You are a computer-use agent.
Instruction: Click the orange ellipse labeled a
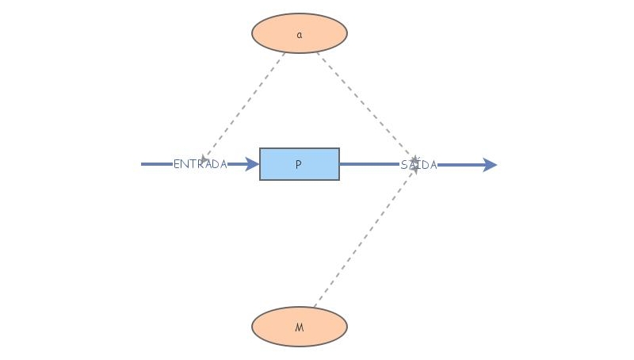point(300,33)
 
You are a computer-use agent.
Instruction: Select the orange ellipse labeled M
point(300,327)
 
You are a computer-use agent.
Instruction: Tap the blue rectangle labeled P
point(300,164)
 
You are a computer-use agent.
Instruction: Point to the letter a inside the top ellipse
point(300,35)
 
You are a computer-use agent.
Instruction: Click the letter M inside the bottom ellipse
point(300,327)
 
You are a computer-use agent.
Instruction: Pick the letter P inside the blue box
point(299,164)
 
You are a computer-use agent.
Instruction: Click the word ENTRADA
point(201,164)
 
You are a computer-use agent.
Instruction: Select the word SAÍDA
point(419,165)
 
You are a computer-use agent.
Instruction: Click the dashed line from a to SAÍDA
point(367,108)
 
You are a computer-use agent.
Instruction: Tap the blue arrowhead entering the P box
point(252,164)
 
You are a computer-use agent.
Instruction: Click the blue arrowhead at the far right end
point(490,165)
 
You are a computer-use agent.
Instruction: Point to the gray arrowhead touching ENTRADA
point(204,160)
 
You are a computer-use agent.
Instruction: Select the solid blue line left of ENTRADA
point(157,164)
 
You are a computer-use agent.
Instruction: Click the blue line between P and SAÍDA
point(369,164)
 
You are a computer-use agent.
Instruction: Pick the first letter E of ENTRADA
point(177,164)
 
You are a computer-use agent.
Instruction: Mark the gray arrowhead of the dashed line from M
point(414,170)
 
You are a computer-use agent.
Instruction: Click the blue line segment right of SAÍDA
point(460,165)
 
